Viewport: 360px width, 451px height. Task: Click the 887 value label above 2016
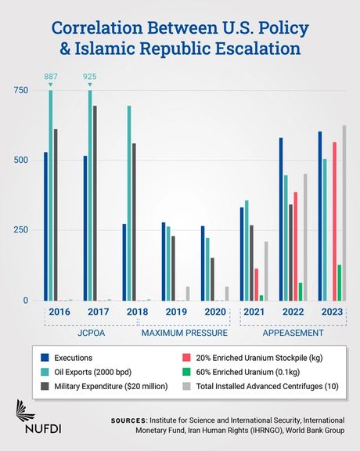point(51,77)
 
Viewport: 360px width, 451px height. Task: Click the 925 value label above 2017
point(90,77)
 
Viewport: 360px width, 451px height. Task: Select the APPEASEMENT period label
point(294,333)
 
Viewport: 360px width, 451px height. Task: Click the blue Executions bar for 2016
point(45,226)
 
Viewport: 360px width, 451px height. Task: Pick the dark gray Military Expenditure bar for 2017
point(95,203)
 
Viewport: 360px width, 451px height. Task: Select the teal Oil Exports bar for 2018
point(128,203)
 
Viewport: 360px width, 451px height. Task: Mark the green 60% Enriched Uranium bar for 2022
point(301,291)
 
